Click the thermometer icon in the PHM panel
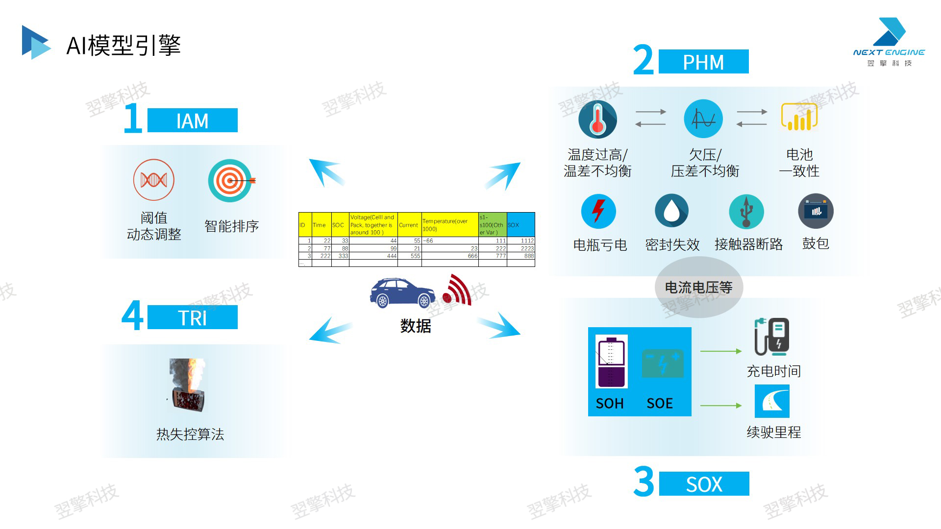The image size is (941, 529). click(x=597, y=119)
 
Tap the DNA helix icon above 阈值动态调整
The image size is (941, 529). click(x=154, y=180)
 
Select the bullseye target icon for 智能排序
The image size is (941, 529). click(x=230, y=180)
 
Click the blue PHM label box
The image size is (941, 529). click(x=703, y=62)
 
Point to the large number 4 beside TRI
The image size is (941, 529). click(x=132, y=316)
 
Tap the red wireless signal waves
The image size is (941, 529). click(x=458, y=290)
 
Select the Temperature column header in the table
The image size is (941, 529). click(x=449, y=225)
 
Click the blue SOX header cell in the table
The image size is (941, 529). click(x=520, y=225)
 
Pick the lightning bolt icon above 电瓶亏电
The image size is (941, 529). click(x=598, y=212)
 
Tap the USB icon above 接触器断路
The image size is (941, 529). click(x=746, y=212)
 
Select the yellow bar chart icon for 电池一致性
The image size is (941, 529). click(x=799, y=118)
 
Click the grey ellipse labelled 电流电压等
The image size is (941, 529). click(x=699, y=287)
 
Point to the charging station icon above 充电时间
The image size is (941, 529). click(x=772, y=337)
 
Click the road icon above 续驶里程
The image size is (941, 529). click(x=772, y=401)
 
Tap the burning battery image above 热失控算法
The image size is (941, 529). click(x=188, y=385)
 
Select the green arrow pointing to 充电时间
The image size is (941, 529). click(x=720, y=351)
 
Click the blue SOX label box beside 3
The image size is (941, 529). click(x=704, y=484)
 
